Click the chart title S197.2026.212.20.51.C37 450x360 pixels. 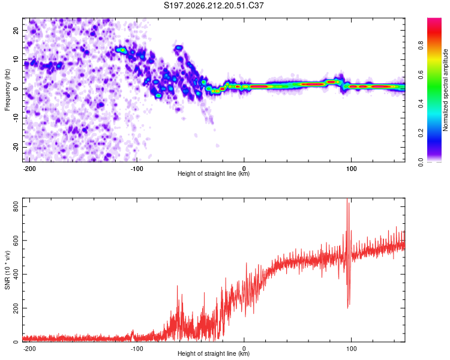coord(214,5)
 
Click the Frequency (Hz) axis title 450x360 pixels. coord(7,90)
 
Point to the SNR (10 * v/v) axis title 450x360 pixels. coord(7,270)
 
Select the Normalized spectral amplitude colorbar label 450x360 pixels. coord(445,90)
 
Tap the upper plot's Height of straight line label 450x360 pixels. coord(214,173)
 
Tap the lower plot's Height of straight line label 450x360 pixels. coord(214,353)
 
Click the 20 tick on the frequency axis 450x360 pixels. coord(16,31)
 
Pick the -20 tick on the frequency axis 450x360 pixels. coord(16,147)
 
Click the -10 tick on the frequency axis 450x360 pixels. coord(16,118)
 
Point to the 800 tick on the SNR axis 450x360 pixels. coord(16,206)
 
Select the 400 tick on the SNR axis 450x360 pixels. coord(16,274)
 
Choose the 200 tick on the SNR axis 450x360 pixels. coord(16,308)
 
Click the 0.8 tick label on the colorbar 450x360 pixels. coord(421,46)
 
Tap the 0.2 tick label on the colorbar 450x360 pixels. coord(421,133)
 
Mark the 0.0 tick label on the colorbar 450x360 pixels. coord(421,162)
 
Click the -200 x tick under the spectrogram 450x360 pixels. coord(29,169)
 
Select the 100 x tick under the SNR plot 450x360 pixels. coord(351,349)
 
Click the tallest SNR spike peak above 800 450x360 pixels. coord(347,199)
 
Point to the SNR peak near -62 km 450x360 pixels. coord(177,286)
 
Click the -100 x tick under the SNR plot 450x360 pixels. coord(137,349)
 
